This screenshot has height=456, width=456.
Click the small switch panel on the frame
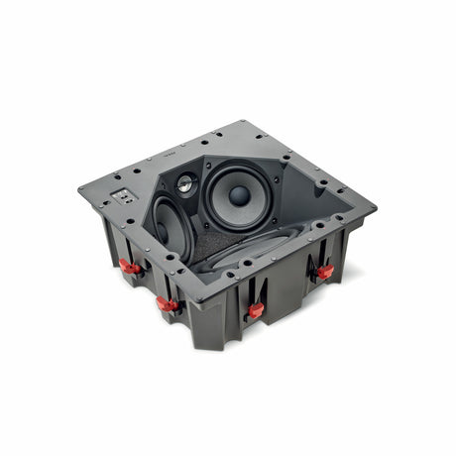coord(127,195)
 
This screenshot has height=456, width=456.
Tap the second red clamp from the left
coord(167,304)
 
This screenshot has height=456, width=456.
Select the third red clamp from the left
coord(256,309)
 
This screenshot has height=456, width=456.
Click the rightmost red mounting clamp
coord(324,271)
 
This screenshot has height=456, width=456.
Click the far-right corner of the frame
coord(375,207)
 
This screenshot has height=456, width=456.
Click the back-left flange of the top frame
coord(159,157)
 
